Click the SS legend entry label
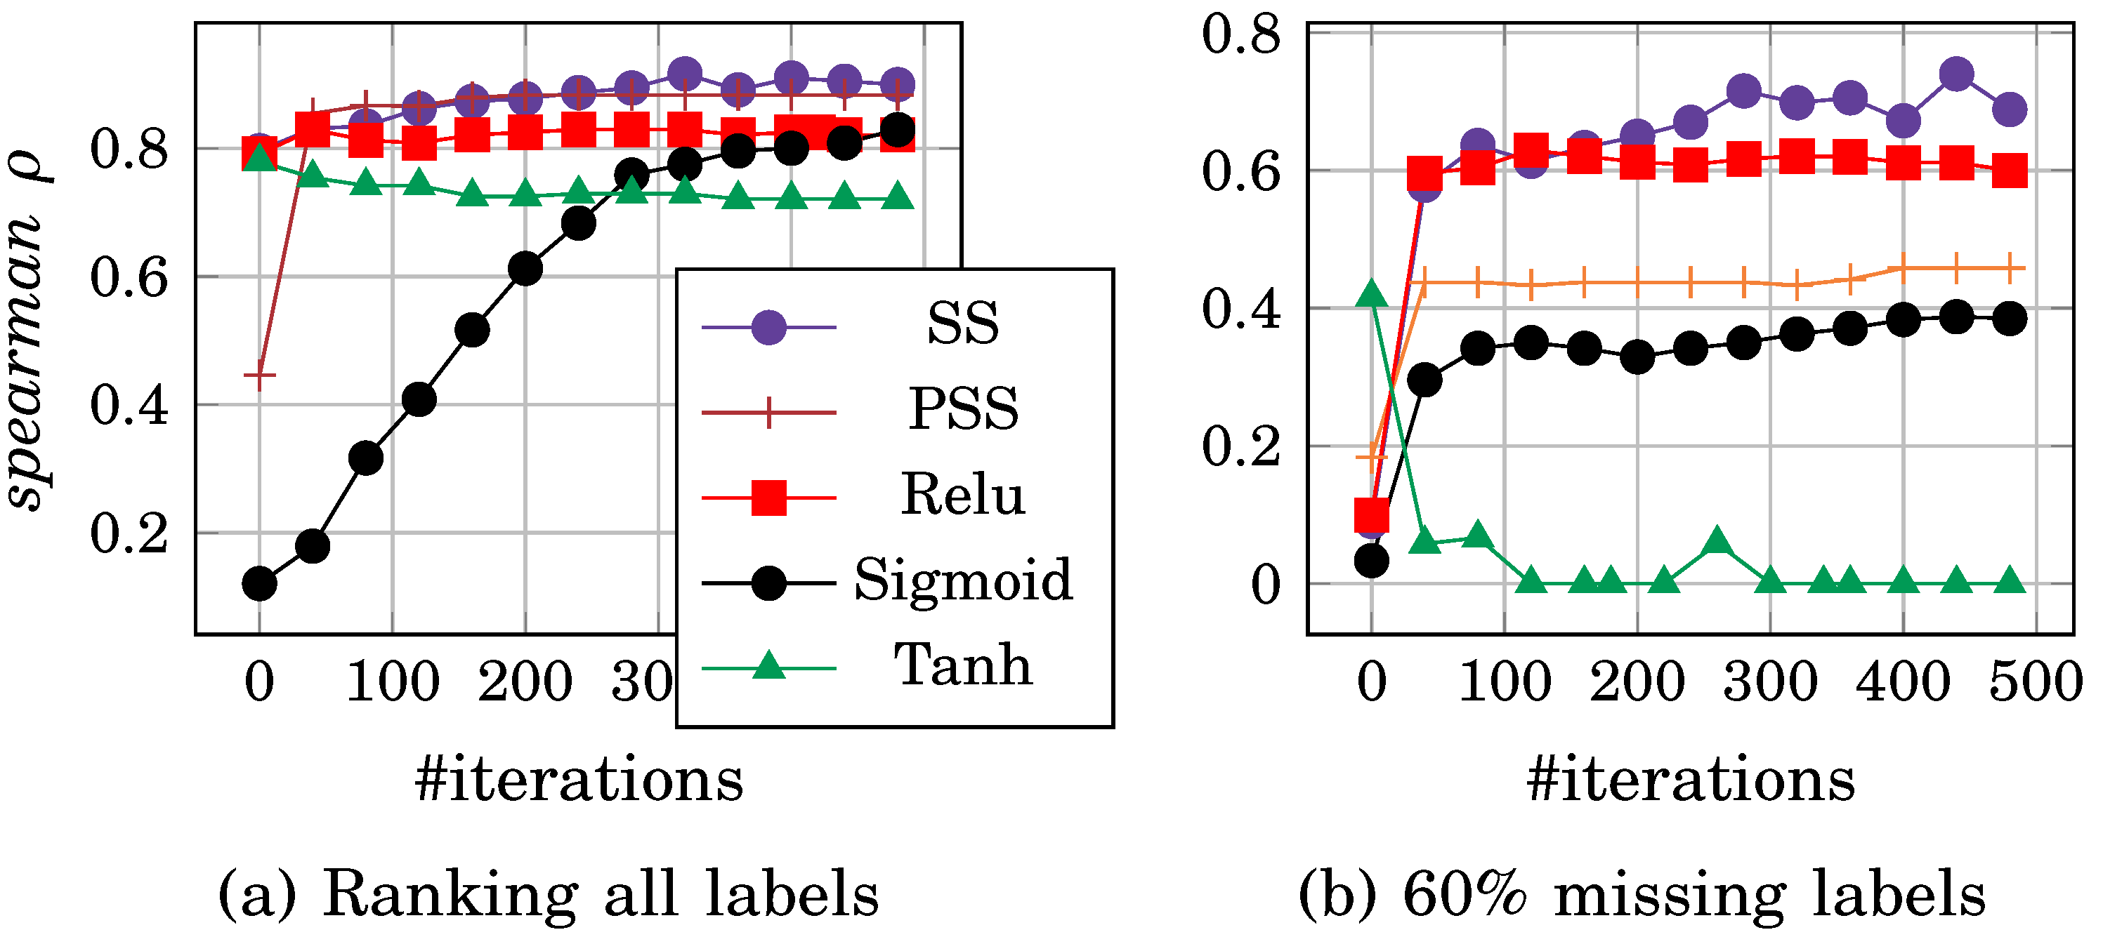click(x=962, y=324)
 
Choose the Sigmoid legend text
click(x=963, y=580)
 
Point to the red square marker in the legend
click(x=768, y=498)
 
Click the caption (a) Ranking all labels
click(x=548, y=894)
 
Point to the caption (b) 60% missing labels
click(x=1642, y=894)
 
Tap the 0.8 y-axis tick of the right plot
click(x=1241, y=36)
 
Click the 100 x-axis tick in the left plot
click(x=393, y=682)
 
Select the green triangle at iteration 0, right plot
click(x=1372, y=295)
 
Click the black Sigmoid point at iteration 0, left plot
click(x=260, y=583)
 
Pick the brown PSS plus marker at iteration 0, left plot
click(x=260, y=375)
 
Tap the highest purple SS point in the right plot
click(x=1957, y=74)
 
